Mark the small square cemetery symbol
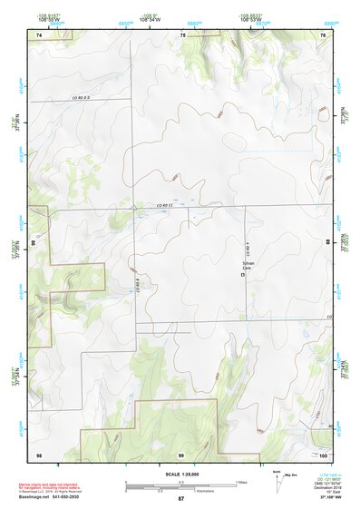pos(242,278)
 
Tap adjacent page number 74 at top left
pos(39,34)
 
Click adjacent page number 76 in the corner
pos(323,34)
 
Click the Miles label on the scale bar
pos(241,481)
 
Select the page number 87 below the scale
pos(181,499)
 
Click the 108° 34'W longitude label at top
pos(129,18)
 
